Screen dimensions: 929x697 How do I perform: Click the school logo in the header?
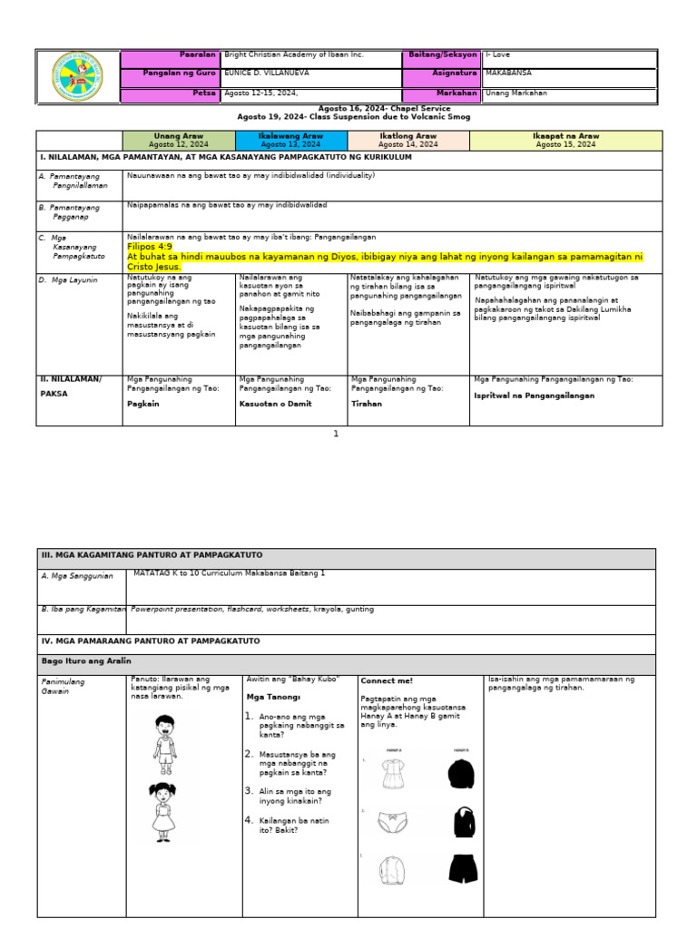77,78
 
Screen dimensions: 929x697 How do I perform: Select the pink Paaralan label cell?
170,55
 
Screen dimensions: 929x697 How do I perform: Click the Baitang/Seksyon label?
442,55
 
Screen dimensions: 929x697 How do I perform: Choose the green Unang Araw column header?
179,140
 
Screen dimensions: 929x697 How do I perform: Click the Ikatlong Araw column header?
408,140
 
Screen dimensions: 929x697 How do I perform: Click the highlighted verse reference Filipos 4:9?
150,246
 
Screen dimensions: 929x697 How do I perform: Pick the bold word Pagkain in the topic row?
143,404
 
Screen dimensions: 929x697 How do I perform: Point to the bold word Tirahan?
367,404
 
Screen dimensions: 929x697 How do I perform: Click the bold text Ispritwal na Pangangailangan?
534,396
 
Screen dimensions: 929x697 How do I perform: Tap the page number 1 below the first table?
335,434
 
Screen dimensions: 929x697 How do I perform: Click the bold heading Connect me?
387,680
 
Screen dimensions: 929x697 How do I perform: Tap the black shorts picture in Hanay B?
463,868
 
